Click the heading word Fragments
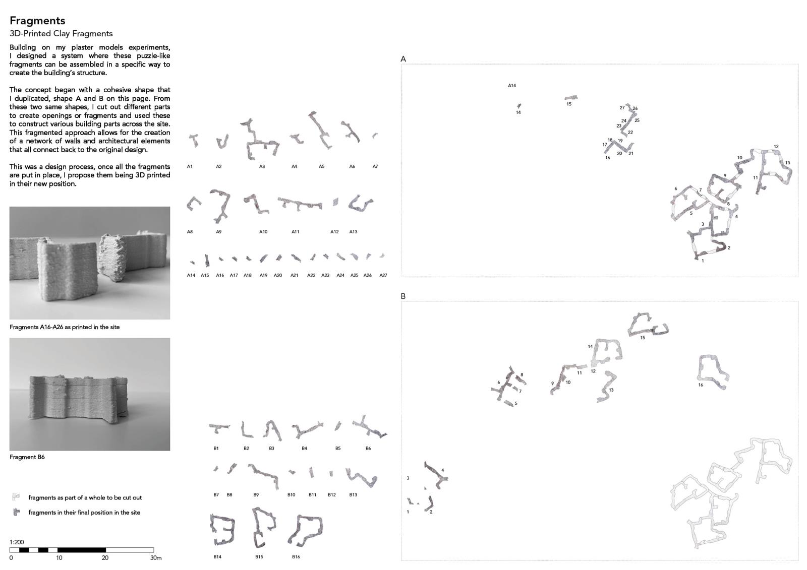coord(37,21)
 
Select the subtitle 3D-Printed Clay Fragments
coord(61,33)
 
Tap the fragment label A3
coord(262,166)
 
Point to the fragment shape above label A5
coord(320,130)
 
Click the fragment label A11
coord(295,232)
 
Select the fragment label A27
coord(383,276)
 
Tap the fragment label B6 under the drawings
coord(368,449)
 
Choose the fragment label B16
coord(296,557)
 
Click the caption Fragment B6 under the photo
coord(27,457)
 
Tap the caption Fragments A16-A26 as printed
coord(65,327)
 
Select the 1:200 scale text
coord(17,542)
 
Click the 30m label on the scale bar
coord(156,558)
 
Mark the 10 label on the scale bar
coord(59,558)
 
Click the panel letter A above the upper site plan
coord(403,59)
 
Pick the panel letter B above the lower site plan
coord(403,296)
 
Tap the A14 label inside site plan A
coord(511,86)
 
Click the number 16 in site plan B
coord(701,385)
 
